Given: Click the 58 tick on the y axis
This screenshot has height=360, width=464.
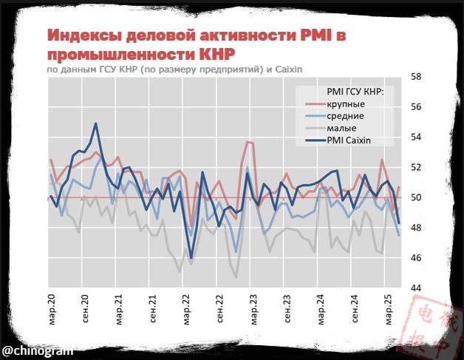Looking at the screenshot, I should (416, 77).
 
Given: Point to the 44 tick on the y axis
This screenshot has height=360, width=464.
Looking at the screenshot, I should (416, 288).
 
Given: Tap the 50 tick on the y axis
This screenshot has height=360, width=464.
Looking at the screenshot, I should (416, 197).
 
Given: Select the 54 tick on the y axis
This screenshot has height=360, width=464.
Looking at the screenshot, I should (416, 137).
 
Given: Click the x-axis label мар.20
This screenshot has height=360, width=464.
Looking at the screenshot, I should (52, 310).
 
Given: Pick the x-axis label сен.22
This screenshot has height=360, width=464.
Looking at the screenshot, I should (219, 310).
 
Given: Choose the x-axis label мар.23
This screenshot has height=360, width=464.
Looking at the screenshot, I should (253, 310).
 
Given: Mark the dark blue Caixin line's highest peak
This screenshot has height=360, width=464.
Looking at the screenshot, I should (95, 123).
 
